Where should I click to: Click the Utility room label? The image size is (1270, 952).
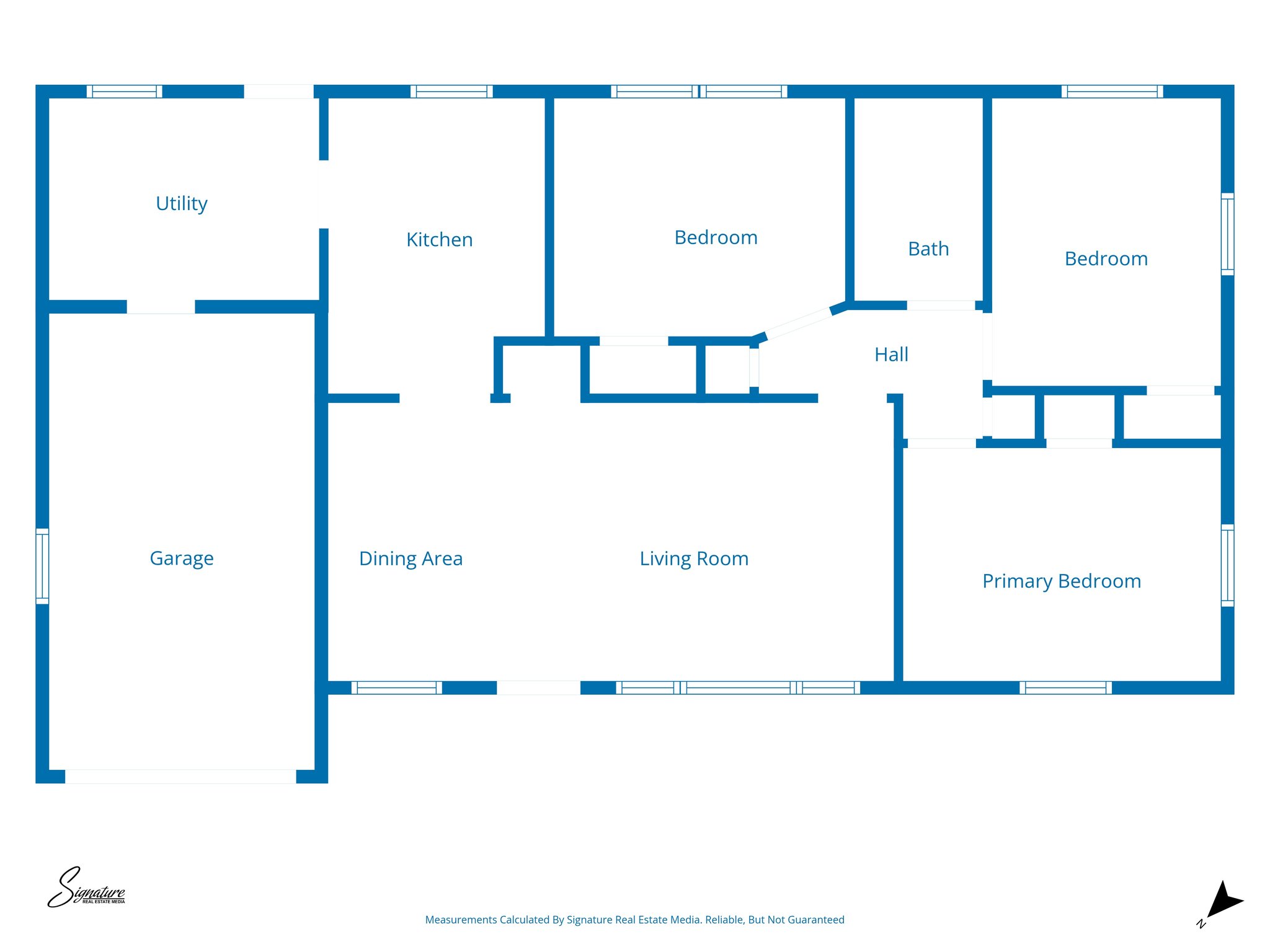pyautogui.click(x=181, y=203)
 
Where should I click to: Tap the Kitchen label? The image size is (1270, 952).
pyautogui.click(x=439, y=239)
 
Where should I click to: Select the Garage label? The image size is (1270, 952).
pyautogui.click(x=181, y=558)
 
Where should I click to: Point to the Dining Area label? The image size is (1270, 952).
pyautogui.click(x=411, y=558)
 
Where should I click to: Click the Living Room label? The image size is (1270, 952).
pyautogui.click(x=694, y=558)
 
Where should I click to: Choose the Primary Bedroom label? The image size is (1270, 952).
pyautogui.click(x=1061, y=581)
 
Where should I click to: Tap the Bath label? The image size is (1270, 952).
pyautogui.click(x=928, y=249)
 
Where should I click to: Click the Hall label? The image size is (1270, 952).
pyautogui.click(x=891, y=355)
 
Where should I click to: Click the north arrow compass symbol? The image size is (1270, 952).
pyautogui.click(x=1222, y=902)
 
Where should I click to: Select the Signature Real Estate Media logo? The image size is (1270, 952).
pyautogui.click(x=87, y=888)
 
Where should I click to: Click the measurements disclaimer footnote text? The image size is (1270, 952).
pyautogui.click(x=634, y=920)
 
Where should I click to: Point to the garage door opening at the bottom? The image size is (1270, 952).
pyautogui.click(x=180, y=776)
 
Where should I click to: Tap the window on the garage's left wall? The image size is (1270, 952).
pyautogui.click(x=42, y=566)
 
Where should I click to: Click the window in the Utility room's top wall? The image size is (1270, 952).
pyautogui.click(x=124, y=92)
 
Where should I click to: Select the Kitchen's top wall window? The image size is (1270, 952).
pyautogui.click(x=451, y=92)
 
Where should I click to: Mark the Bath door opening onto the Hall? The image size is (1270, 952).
pyautogui.click(x=941, y=305)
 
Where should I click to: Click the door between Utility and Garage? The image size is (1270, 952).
pyautogui.click(x=161, y=307)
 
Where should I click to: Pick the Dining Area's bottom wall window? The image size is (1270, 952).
pyautogui.click(x=397, y=687)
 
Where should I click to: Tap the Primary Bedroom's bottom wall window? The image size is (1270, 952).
pyautogui.click(x=1065, y=687)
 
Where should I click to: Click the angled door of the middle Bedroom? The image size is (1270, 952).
pyautogui.click(x=799, y=323)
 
